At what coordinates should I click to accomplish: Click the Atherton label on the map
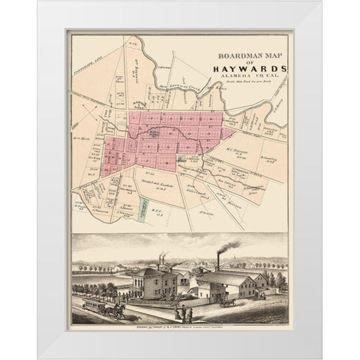coord(218,200)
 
